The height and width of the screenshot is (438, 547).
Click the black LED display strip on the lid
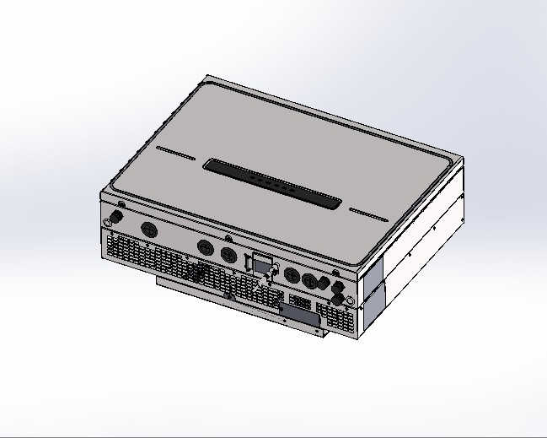pos(275,183)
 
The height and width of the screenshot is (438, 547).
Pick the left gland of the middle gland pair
pos(206,247)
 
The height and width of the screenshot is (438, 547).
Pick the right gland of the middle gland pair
pos(228,253)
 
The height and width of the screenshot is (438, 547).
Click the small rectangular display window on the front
pos(264,262)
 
